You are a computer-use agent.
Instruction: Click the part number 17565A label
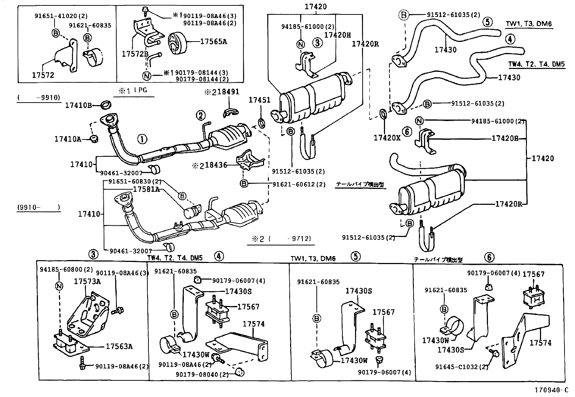pyautogui.click(x=213, y=42)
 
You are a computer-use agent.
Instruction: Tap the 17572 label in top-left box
pyautogui.click(x=43, y=75)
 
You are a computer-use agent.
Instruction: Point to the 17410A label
pyautogui.click(x=68, y=138)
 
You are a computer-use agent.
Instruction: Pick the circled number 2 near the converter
pyautogui.click(x=200, y=116)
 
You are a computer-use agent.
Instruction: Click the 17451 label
pyautogui.click(x=259, y=100)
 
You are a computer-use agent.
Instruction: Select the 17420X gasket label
pyautogui.click(x=387, y=138)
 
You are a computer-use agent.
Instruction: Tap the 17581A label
pyautogui.click(x=146, y=189)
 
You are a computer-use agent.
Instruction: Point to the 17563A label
pyautogui.click(x=119, y=346)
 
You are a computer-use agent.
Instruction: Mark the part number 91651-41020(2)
pyautogui.click(x=61, y=16)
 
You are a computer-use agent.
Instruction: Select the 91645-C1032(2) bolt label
pyautogui.click(x=462, y=367)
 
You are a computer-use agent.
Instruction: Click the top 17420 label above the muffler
pyautogui.click(x=315, y=7)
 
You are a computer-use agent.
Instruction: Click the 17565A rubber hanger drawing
pyautogui.click(x=177, y=42)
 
